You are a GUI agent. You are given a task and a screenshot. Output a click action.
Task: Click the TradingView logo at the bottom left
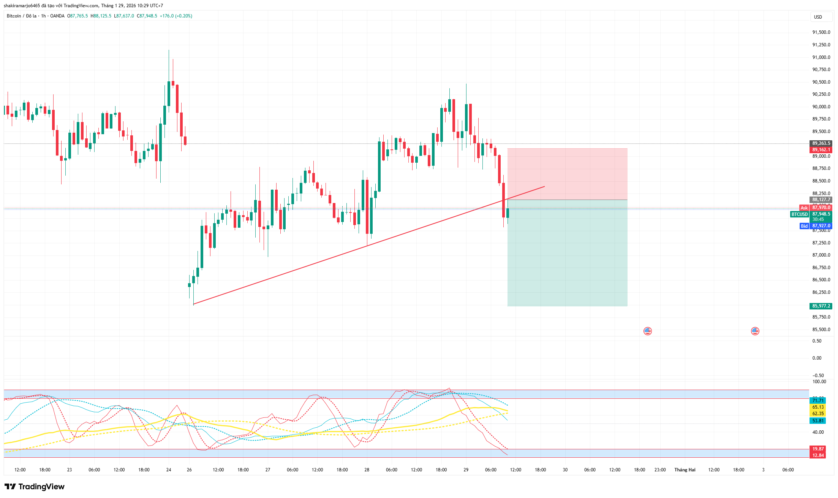tap(35, 487)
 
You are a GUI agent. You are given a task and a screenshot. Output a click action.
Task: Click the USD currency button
tap(818, 17)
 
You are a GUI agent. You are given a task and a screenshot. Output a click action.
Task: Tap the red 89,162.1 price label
tap(821, 150)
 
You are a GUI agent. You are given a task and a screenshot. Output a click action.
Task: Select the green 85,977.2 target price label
tap(821, 306)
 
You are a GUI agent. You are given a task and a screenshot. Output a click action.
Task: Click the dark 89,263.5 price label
tap(821, 143)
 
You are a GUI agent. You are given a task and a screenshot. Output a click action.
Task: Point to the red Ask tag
tap(804, 208)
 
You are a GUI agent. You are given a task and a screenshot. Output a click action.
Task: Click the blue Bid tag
tap(804, 226)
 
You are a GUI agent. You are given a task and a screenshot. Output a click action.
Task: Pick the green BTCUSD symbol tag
tap(799, 214)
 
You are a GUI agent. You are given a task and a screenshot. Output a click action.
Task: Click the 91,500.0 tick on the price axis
tap(821, 32)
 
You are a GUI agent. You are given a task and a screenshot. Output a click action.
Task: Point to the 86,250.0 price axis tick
tap(821, 292)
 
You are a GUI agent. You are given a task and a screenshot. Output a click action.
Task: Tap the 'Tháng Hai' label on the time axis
tap(685, 470)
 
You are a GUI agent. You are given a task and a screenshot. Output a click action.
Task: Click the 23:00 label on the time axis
tap(660, 470)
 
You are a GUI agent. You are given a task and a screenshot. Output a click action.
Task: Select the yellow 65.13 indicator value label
tap(818, 407)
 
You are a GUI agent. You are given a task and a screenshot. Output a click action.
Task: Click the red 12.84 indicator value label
tap(818, 455)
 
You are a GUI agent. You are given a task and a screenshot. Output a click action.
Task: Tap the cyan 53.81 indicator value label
tap(818, 421)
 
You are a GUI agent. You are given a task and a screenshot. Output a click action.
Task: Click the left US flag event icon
tap(648, 331)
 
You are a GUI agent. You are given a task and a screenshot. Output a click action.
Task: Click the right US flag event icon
tap(755, 331)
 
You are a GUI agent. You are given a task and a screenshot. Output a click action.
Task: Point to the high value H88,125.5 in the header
tap(101, 16)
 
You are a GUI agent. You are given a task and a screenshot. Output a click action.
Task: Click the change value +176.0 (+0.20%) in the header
tap(176, 16)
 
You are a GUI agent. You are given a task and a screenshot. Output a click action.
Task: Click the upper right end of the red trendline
tap(544, 187)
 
